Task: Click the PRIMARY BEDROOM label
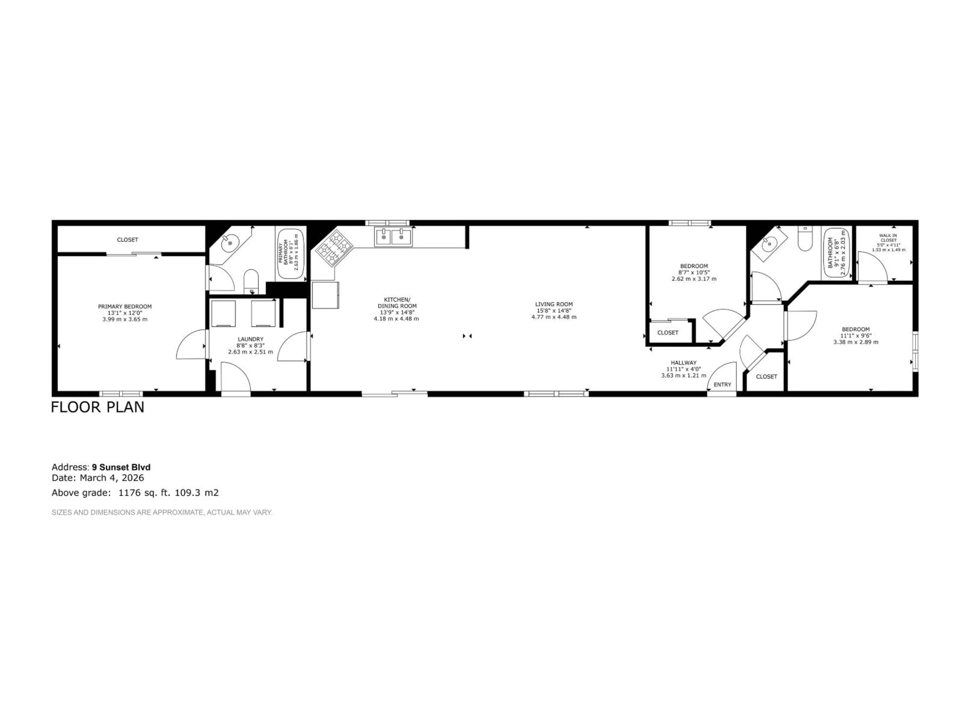pos(125,306)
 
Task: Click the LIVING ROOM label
pos(554,304)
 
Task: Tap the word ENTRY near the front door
pos(722,385)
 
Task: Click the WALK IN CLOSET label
pos(888,238)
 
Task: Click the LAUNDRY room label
pos(251,339)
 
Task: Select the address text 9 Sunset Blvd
pos(121,467)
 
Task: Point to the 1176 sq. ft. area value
pos(145,493)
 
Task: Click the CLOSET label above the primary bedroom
pos(128,240)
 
